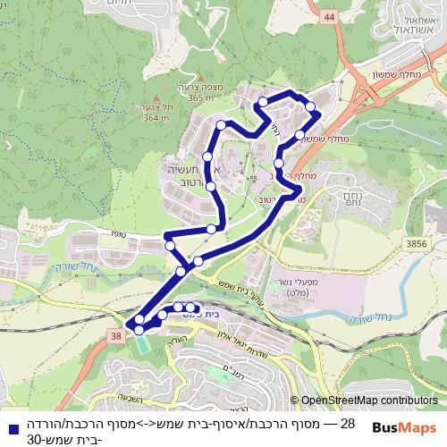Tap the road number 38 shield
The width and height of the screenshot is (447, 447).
pos(117,335)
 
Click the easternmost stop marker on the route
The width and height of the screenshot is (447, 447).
pos(311,107)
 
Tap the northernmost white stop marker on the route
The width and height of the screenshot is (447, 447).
pos(264,105)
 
